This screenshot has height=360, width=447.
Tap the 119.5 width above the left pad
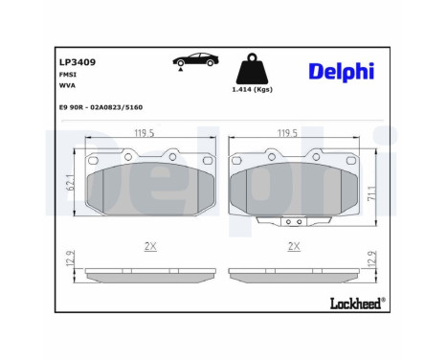point(144,135)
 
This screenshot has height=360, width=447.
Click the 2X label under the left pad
point(149,246)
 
